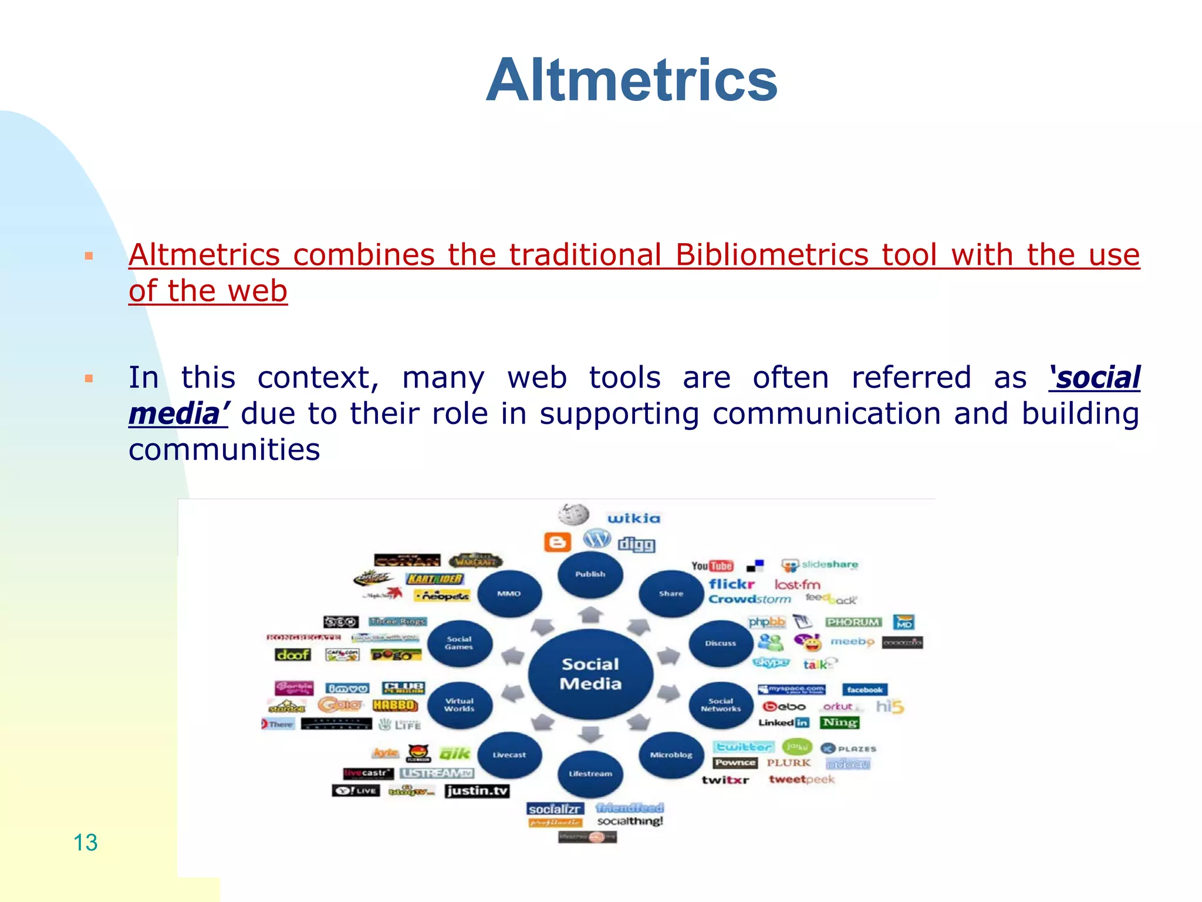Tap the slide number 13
85,842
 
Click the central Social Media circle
590,674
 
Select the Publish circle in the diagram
590,574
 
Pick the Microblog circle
671,755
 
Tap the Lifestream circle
590,773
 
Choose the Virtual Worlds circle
459,705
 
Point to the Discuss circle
720,643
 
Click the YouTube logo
712,566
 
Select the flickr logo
731,584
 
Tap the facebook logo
865,689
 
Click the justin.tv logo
477,790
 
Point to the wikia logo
634,518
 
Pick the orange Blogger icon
557,542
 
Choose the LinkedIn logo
784,722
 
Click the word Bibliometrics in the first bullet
771,255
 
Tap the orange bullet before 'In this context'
89,378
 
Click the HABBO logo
395,705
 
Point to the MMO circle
509,594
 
